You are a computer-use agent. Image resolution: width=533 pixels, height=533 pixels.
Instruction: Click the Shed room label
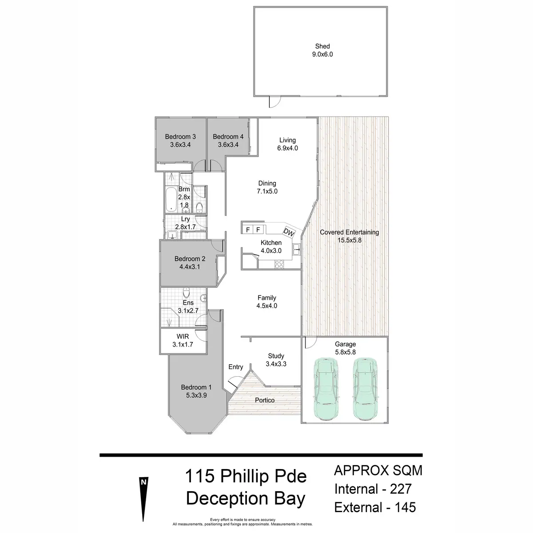(x=322, y=46)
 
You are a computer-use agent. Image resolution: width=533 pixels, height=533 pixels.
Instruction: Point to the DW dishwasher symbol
(x=289, y=232)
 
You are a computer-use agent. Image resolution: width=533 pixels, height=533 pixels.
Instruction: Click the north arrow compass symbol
(x=143, y=497)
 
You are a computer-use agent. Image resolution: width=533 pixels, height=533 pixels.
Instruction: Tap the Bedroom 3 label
(x=180, y=137)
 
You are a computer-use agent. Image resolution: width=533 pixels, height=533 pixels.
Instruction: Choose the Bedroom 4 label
(x=228, y=137)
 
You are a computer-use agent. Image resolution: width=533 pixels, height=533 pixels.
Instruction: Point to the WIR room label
(x=183, y=336)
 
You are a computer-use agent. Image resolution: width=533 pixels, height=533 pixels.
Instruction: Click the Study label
(x=276, y=356)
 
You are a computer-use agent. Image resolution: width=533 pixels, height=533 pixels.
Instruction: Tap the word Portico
(x=265, y=400)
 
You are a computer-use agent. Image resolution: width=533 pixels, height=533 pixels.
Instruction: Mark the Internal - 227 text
(x=373, y=489)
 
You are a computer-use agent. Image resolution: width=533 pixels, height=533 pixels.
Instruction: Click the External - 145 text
(x=375, y=507)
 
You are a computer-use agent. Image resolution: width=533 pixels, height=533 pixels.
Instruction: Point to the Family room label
(x=266, y=298)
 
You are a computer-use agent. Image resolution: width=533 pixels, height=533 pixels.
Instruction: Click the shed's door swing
(x=274, y=102)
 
